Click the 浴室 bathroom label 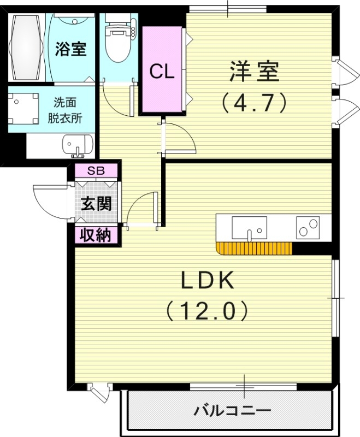(71, 49)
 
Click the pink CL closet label (162, 72)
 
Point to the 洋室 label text (254, 72)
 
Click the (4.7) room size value (254, 102)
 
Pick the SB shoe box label (96, 170)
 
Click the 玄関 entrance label (97, 203)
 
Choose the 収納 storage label (97, 235)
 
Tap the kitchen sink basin (249, 227)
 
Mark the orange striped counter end (253, 249)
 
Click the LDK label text (208, 281)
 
